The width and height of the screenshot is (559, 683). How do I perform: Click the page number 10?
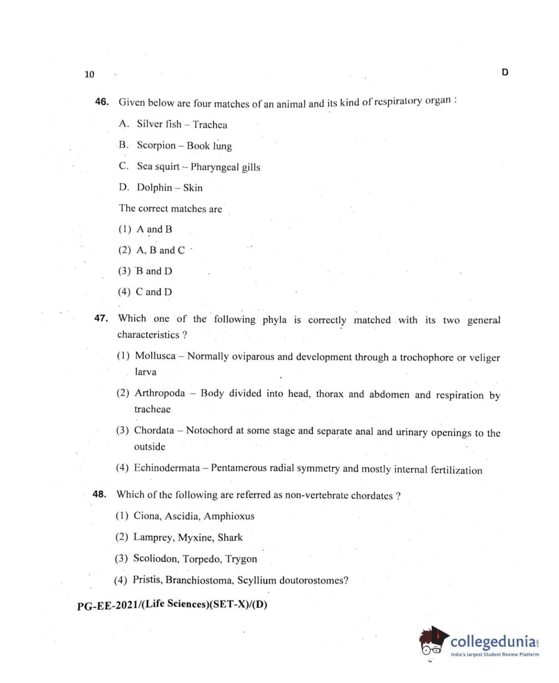pos(89,74)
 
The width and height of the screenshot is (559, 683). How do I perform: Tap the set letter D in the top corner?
pos(504,72)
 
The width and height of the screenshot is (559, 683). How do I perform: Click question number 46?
pos(102,102)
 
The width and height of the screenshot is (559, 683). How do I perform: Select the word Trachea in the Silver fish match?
pos(210,124)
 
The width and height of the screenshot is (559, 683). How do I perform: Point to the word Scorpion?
pos(156,145)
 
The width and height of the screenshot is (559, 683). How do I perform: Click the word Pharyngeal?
pos(215,167)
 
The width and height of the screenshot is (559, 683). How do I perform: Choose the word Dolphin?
pos(154,187)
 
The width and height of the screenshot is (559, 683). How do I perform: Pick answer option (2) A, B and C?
pos(152,250)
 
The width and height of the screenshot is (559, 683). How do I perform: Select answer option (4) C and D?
pos(145,292)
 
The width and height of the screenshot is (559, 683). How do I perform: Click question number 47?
pos(101,318)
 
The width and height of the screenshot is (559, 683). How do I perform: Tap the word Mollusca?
pos(155,355)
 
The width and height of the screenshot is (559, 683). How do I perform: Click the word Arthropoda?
pos(160,393)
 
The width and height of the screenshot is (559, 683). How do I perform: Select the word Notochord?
pos(209,430)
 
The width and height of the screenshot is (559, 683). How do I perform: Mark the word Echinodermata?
pos(167,467)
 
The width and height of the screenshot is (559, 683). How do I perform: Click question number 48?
pos(99,494)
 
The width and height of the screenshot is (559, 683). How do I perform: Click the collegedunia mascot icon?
pos(433,641)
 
